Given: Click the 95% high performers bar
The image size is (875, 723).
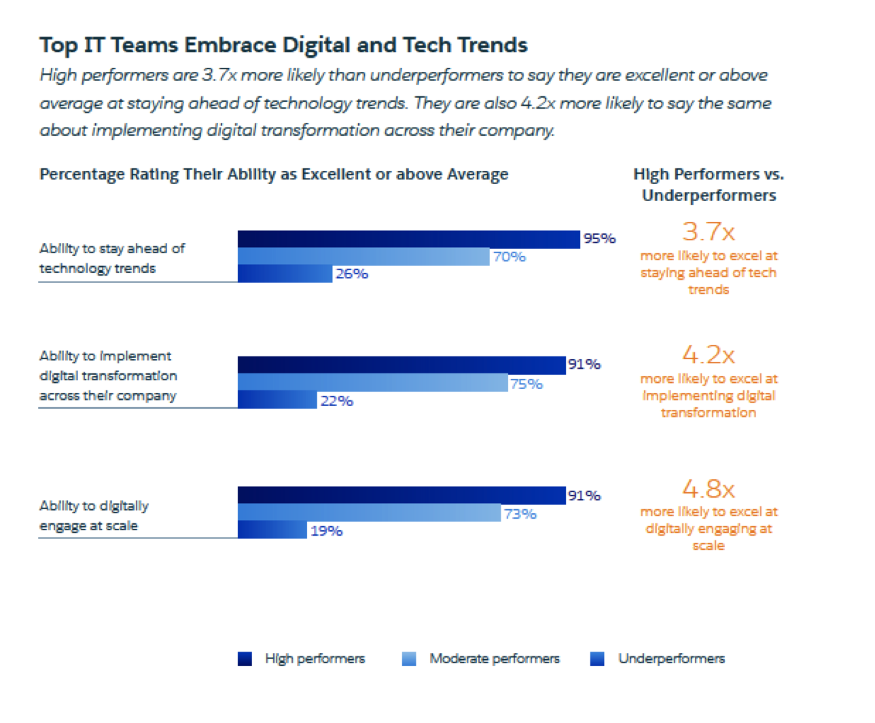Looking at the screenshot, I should (408, 239).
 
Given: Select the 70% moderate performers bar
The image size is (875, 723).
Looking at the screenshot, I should (363, 257).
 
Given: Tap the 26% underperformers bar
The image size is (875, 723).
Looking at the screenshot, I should (285, 274).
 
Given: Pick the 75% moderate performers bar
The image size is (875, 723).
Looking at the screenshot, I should (372, 383).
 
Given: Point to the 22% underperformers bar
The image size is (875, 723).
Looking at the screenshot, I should (277, 401).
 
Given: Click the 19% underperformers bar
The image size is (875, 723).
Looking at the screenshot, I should (272, 530).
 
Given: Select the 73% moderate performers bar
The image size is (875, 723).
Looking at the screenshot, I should (369, 513).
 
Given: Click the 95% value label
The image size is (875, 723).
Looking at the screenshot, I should (599, 238).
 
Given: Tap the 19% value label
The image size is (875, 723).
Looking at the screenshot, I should (326, 531).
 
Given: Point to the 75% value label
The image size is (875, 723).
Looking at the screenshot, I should (526, 384).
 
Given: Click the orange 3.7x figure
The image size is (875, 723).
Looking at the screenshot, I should (709, 232).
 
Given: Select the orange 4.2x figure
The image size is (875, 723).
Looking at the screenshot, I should (709, 355).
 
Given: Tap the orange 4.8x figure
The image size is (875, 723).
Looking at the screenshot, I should (709, 489).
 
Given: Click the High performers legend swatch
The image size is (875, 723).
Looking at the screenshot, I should (245, 659).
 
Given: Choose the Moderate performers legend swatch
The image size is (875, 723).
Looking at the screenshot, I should (409, 659).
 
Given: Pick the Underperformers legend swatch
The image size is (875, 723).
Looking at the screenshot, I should (597, 659).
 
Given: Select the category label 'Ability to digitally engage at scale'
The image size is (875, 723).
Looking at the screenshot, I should (94, 515).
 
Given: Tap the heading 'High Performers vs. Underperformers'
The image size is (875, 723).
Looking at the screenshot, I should (709, 185).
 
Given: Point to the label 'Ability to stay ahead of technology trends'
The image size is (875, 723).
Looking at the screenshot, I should (111, 258).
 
